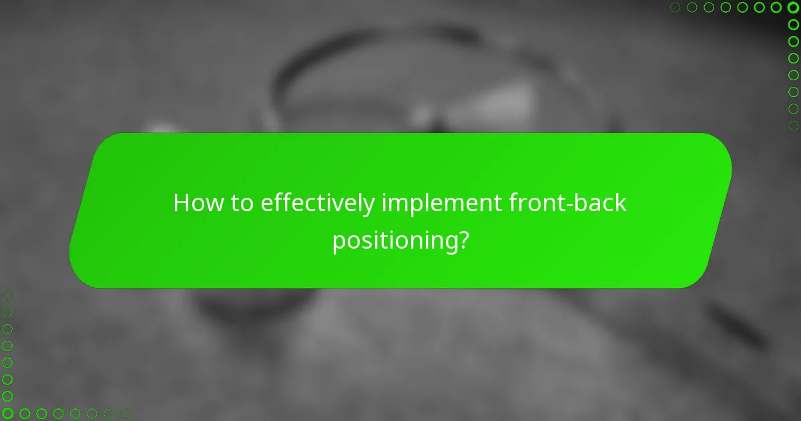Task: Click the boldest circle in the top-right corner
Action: (793, 7)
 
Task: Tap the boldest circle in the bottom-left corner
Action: (7, 414)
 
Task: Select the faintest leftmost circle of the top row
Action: (676, 7)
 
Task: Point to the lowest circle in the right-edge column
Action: (793, 125)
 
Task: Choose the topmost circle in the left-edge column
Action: (7, 295)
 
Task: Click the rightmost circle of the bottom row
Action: (125, 414)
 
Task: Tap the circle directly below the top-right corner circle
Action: (793, 24)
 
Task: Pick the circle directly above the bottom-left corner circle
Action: (7, 396)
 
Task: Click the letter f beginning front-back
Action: (513, 203)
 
